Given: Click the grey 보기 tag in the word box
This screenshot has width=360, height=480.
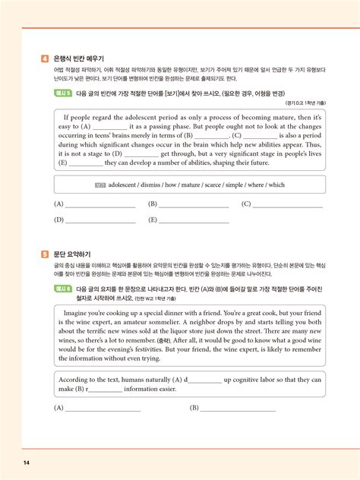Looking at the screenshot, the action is [x=100, y=185].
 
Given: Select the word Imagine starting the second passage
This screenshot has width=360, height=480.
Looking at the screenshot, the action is [x=78, y=311].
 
